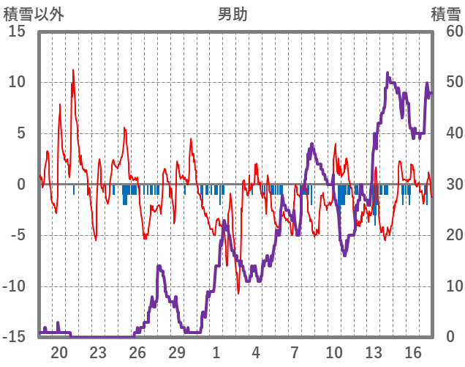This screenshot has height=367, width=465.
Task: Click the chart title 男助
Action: (x=232, y=14)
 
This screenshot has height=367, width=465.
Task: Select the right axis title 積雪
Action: (x=445, y=14)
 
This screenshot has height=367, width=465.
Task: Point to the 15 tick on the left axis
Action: (x=17, y=31)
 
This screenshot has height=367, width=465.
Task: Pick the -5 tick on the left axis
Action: (x=17, y=236)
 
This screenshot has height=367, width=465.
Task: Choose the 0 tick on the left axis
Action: (x=21, y=185)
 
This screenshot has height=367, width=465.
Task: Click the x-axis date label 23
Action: (x=98, y=352)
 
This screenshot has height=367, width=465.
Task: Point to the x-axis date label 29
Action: (x=177, y=352)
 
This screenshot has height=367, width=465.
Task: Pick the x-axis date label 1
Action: (x=216, y=352)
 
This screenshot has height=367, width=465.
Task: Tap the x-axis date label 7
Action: (x=295, y=352)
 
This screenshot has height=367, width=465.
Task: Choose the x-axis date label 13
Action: (x=374, y=352)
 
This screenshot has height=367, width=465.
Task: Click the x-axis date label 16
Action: (x=413, y=352)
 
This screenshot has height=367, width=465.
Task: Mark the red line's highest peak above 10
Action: (x=73, y=70)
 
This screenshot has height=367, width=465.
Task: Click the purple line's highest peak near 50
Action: (x=388, y=73)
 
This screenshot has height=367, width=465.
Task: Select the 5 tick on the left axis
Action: (x=21, y=133)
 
